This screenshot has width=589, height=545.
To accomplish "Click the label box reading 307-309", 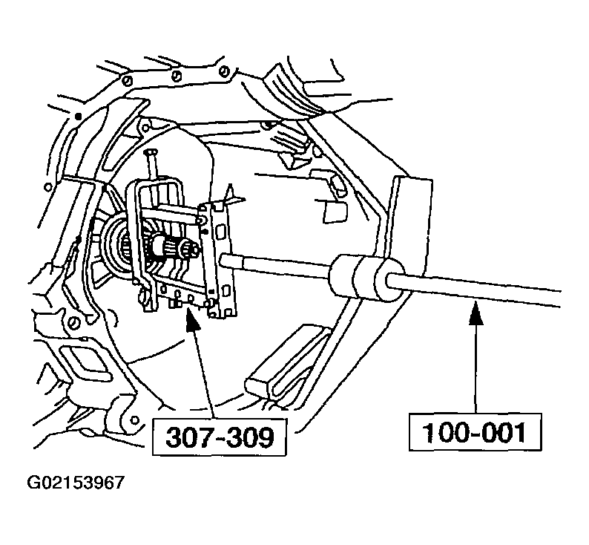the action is (219, 437).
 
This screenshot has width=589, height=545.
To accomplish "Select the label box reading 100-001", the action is (476, 432).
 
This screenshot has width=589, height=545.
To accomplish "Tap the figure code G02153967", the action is (76, 483).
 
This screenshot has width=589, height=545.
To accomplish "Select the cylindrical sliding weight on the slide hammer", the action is (366, 278).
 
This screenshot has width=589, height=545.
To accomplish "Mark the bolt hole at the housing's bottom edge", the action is (134, 420).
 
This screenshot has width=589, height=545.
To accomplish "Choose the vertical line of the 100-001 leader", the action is (476, 368).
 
